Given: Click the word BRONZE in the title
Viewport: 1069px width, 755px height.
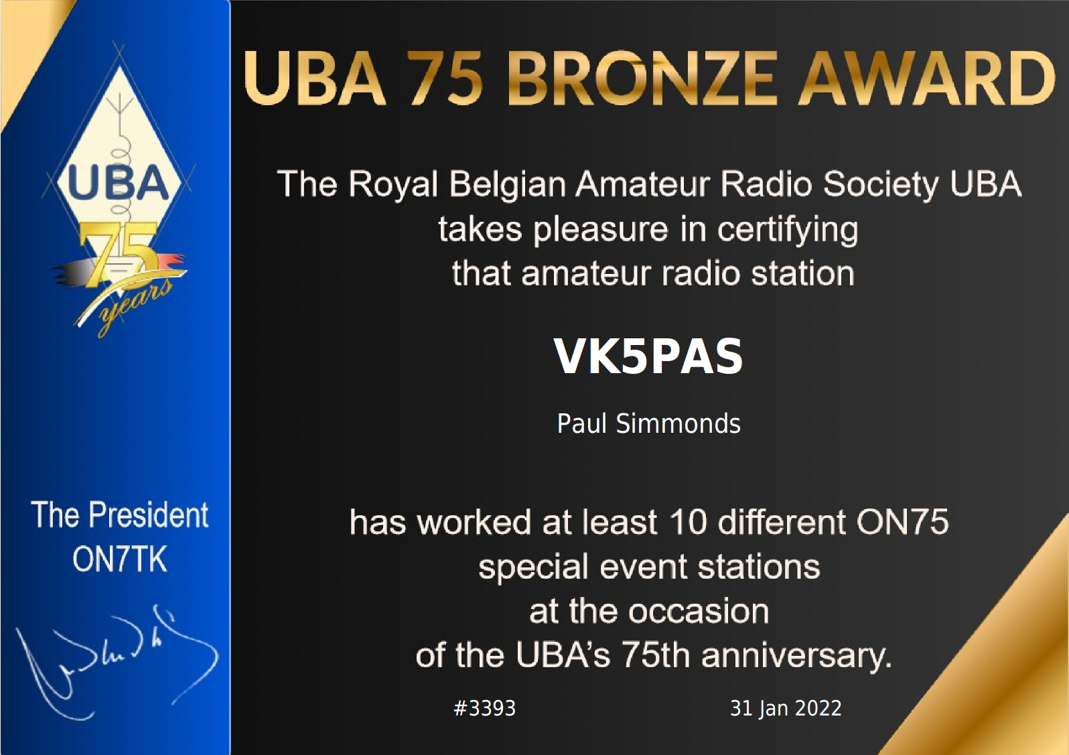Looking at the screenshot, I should point(642,78).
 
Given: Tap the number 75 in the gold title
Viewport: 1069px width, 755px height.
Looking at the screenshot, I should point(445,78).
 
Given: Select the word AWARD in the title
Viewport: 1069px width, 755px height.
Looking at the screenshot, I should point(927,78).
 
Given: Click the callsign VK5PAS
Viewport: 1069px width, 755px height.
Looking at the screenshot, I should point(648,356).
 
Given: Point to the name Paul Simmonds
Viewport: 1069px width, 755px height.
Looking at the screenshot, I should point(648,424).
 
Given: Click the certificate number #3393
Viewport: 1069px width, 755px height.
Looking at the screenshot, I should point(484,708).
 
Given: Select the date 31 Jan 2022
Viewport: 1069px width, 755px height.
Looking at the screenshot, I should point(785,708).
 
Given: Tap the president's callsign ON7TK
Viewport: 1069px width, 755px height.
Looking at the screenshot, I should point(119,559).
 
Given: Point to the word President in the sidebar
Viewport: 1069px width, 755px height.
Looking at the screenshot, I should point(149,515).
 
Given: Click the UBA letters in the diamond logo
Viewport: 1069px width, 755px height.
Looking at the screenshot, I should point(118,183).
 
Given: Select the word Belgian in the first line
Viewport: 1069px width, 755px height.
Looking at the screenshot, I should point(507,185).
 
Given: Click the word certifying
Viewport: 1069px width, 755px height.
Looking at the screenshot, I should point(788,230).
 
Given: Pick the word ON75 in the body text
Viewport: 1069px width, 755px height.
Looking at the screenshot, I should point(902,522).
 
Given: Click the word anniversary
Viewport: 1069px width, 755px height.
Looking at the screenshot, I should point(796,656).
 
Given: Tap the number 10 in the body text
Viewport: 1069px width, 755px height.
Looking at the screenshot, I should point(688,522).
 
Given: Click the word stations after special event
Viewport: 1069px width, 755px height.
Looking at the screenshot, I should point(758,567).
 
